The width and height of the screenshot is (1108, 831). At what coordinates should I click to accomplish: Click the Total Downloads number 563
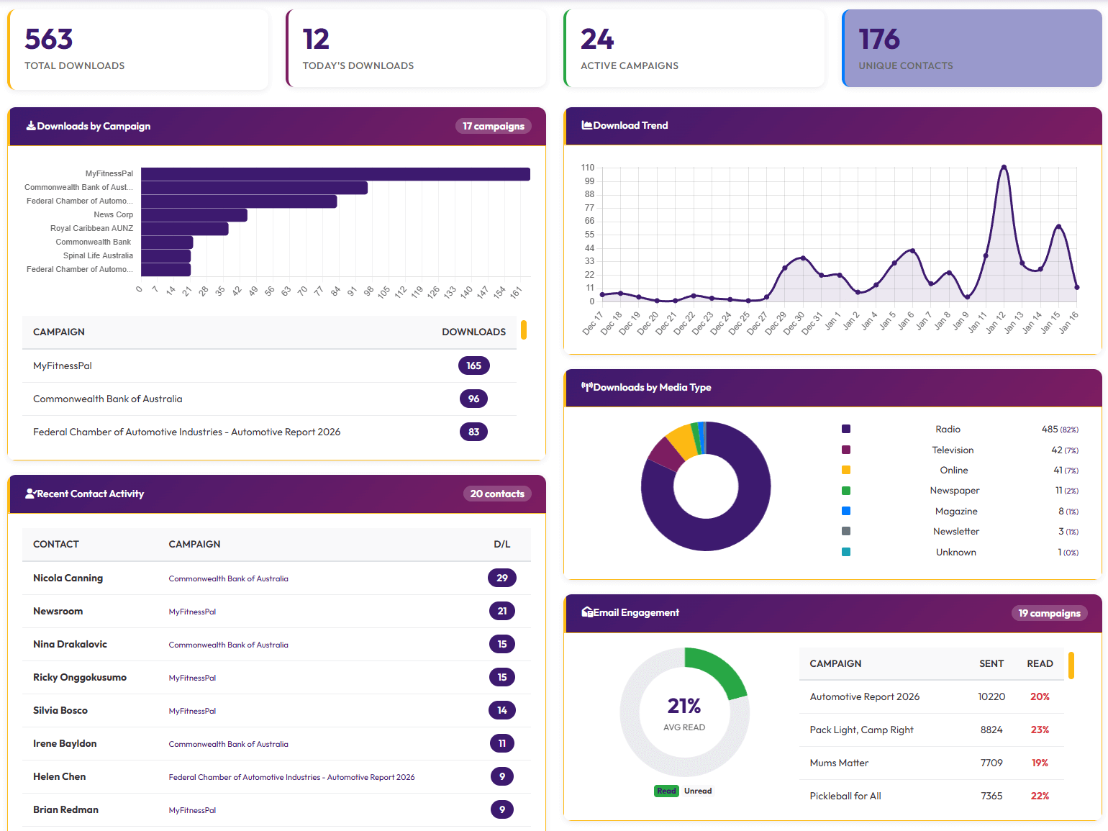[x=49, y=40]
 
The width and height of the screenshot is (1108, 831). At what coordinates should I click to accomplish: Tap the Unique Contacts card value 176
[x=879, y=40]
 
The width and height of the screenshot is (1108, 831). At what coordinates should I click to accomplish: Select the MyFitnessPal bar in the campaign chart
[x=335, y=174]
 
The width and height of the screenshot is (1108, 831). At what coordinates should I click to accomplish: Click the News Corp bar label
[x=113, y=215]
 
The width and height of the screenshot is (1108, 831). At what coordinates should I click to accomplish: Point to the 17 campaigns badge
[x=493, y=126]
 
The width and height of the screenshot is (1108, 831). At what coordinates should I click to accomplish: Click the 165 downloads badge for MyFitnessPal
[x=473, y=365]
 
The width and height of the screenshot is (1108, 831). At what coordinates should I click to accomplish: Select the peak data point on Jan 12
[x=1004, y=168]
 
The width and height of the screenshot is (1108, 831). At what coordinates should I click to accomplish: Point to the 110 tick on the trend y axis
[x=588, y=168]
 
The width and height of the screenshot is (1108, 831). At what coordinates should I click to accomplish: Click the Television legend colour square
[x=846, y=450]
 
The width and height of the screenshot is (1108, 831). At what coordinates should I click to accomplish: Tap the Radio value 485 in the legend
[x=1050, y=430]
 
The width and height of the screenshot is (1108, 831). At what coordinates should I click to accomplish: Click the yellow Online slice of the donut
[x=681, y=441]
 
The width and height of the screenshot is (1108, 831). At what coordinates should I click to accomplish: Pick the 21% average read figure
[x=684, y=706]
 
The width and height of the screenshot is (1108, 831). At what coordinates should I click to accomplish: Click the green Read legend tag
[x=666, y=791]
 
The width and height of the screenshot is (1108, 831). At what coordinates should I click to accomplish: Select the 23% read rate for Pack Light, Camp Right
[x=1040, y=730]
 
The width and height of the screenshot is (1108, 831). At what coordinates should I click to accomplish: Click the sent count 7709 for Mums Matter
[x=991, y=763]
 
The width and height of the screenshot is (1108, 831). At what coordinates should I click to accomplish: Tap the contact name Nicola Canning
[x=68, y=578]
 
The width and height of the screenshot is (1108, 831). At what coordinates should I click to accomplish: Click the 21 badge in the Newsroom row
[x=501, y=611]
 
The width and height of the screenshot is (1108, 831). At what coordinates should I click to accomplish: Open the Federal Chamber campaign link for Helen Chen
[x=291, y=777]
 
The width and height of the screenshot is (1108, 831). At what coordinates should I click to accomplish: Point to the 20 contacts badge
[x=497, y=494]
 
